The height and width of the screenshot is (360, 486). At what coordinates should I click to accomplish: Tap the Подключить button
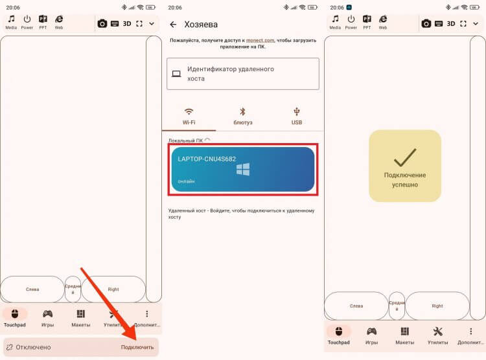click(137, 347)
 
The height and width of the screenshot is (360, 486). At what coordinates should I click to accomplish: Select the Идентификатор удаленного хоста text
click(230, 74)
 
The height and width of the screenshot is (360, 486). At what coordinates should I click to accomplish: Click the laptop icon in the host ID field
click(176, 74)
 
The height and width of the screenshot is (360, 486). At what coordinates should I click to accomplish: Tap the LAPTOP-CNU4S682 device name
click(207, 159)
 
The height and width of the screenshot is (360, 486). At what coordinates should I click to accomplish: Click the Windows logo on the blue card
click(243, 170)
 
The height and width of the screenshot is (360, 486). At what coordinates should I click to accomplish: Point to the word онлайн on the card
click(187, 181)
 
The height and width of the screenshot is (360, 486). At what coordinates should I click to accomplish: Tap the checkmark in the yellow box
click(405, 157)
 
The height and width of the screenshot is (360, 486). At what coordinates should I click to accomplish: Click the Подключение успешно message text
click(405, 180)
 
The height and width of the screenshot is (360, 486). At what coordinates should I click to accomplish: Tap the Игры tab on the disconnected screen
click(47, 318)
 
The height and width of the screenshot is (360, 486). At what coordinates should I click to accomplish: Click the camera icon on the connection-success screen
click(426, 23)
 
